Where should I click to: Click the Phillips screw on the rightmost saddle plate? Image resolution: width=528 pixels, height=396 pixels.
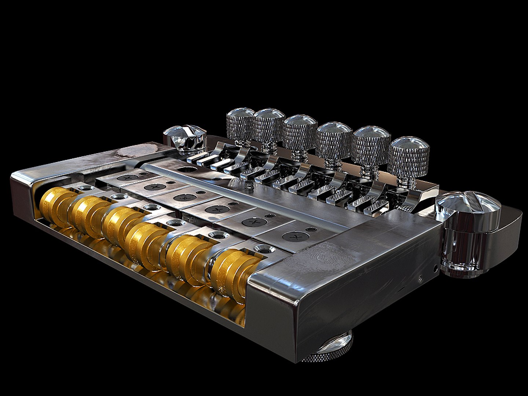click(x=295, y=237)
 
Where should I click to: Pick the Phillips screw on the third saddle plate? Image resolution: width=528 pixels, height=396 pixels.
click(x=186, y=198)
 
